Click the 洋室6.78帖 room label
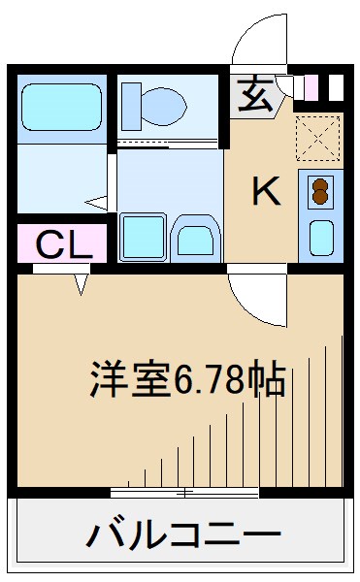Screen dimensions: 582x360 click(x=188, y=378)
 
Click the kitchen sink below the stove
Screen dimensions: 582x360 click(x=319, y=235)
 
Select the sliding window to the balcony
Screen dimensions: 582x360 click(x=184, y=493)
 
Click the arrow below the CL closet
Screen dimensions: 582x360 click(x=82, y=284)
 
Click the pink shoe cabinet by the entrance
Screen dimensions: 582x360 click(x=310, y=86)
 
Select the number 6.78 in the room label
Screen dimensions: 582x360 click(x=207, y=379)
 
